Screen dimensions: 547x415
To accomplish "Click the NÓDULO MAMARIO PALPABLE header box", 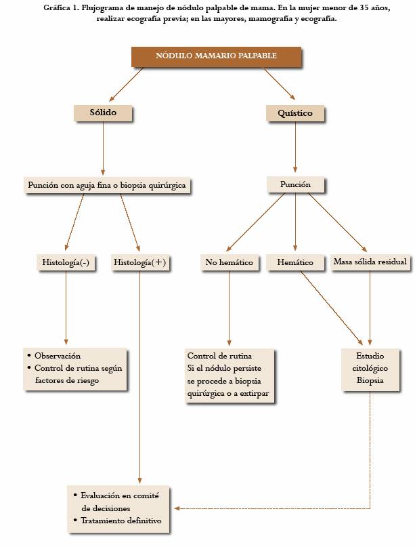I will (x=217, y=56).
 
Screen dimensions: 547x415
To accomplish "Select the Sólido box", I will (x=102, y=113).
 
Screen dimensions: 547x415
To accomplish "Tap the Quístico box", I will (x=295, y=113).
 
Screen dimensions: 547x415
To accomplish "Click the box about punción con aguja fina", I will (x=106, y=184).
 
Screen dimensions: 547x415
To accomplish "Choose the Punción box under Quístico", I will (x=294, y=184).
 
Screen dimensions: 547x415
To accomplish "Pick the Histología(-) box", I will (x=66, y=262).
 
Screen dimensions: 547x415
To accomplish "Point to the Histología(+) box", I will (x=139, y=262).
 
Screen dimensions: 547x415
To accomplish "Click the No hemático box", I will (x=229, y=262).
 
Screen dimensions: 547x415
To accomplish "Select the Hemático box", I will (x=295, y=262).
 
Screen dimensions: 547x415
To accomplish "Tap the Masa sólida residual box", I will (x=370, y=262).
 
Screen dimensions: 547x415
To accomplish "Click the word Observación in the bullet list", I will (x=58, y=356).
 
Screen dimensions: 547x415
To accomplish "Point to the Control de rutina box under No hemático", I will (x=230, y=375).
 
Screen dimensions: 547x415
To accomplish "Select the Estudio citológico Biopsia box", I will (x=371, y=369).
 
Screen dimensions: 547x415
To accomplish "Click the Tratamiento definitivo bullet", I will (x=121, y=520).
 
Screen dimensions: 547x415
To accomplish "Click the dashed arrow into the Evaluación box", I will (x=271, y=508).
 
